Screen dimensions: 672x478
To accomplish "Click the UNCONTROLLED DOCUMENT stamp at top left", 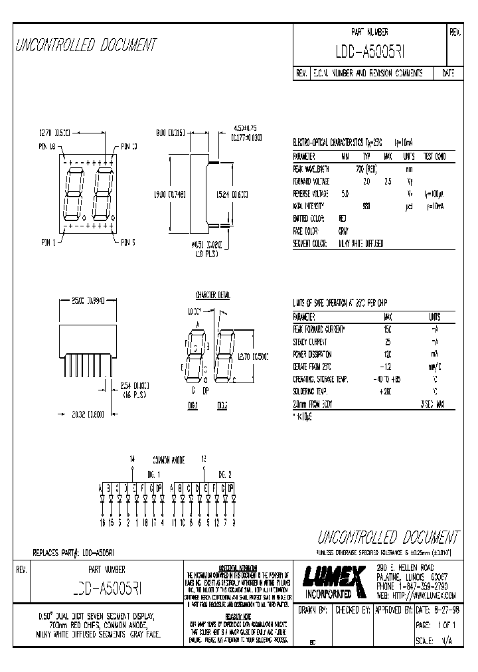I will (x=86, y=45).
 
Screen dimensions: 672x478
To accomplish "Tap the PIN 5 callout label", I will (x=128, y=242).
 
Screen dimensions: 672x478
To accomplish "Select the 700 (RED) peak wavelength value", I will (x=366, y=169).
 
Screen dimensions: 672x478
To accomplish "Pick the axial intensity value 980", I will (x=366, y=206).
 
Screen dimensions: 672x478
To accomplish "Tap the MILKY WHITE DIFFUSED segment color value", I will (x=360, y=244).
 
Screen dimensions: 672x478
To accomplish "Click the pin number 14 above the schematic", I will (x=132, y=459).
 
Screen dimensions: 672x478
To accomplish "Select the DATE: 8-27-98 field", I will (x=438, y=610).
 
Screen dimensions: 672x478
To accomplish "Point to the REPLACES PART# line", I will (x=74, y=552).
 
